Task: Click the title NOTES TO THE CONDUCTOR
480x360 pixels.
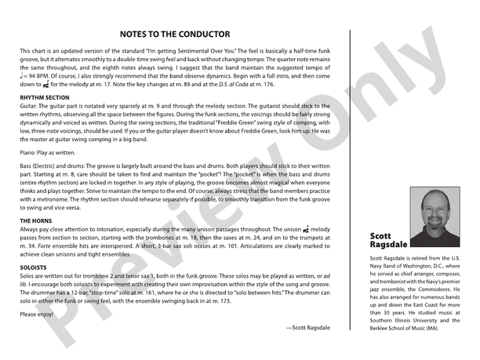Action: (x=174, y=35)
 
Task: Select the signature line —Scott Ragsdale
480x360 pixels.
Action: (x=308, y=326)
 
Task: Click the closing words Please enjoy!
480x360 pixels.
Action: (x=37, y=314)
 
